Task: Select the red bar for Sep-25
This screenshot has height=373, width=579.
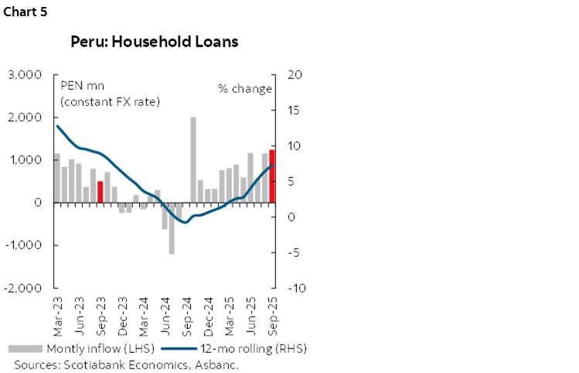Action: click(272, 176)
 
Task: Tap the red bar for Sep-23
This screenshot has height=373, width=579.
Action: click(100, 191)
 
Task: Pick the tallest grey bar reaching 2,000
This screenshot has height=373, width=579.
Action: click(192, 159)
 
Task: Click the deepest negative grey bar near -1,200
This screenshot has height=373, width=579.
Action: click(172, 228)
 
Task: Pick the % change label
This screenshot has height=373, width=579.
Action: click(245, 88)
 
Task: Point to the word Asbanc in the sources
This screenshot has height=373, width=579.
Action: click(219, 364)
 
